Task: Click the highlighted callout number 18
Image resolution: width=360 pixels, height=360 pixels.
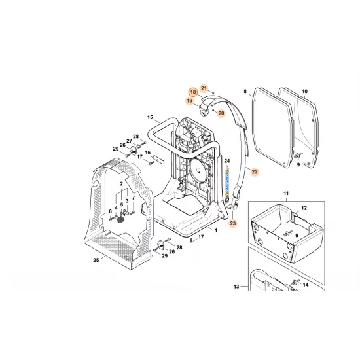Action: [x=193, y=92]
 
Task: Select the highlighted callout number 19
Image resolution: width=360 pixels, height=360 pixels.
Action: [x=189, y=101]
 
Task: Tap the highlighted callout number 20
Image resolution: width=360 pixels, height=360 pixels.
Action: [x=221, y=113]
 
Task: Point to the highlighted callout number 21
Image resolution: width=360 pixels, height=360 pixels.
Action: [x=204, y=88]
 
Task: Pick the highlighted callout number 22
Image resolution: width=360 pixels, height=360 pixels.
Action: [x=255, y=171]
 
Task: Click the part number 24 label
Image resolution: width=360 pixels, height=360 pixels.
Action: [x=227, y=160]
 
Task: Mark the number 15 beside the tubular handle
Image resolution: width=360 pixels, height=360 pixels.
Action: [x=150, y=118]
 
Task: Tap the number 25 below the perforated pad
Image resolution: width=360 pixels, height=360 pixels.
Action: [x=96, y=261]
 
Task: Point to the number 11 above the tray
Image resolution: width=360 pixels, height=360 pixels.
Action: [x=285, y=194]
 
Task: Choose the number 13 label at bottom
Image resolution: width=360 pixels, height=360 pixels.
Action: [x=254, y=286]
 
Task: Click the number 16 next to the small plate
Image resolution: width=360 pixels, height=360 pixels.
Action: [x=148, y=153]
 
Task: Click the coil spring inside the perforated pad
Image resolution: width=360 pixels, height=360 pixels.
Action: [x=121, y=221]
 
